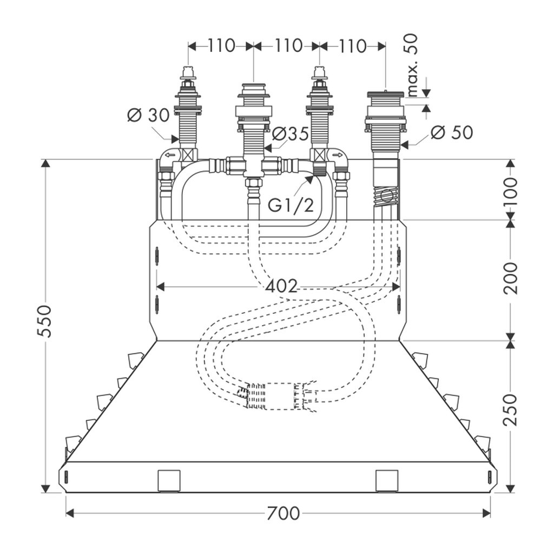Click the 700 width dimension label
[283, 512]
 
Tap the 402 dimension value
[281, 286]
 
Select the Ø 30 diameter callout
[148, 115]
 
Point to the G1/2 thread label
[292, 205]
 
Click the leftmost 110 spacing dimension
[221, 46]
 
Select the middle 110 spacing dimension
[287, 46]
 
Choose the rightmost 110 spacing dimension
[353, 46]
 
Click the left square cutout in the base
[168, 480]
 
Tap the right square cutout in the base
[387, 480]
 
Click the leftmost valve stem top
[188, 72]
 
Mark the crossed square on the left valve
[188, 154]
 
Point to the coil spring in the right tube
[387, 196]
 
